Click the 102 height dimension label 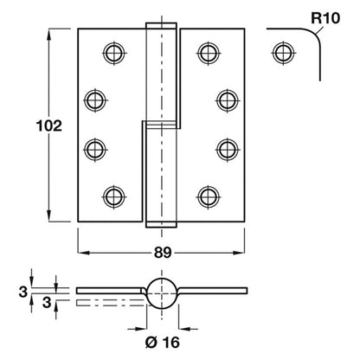(x=49, y=126)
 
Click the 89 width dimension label (x=163, y=253)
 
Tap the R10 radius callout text (x=325, y=18)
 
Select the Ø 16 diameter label (x=163, y=343)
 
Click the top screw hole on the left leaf (x=114, y=53)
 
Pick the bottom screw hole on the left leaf (x=114, y=196)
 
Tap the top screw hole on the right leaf (x=209, y=53)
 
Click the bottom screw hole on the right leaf (x=209, y=196)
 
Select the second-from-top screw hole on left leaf (x=95, y=100)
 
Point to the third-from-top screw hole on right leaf (x=228, y=150)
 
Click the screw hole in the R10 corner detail (x=284, y=53)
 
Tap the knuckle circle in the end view (x=162, y=293)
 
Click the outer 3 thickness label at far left (x=23, y=292)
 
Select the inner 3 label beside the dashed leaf (x=47, y=303)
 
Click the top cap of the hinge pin (x=161, y=25)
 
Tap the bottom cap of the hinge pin (x=161, y=224)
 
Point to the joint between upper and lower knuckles (x=161, y=125)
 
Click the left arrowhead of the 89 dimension (x=83, y=253)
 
